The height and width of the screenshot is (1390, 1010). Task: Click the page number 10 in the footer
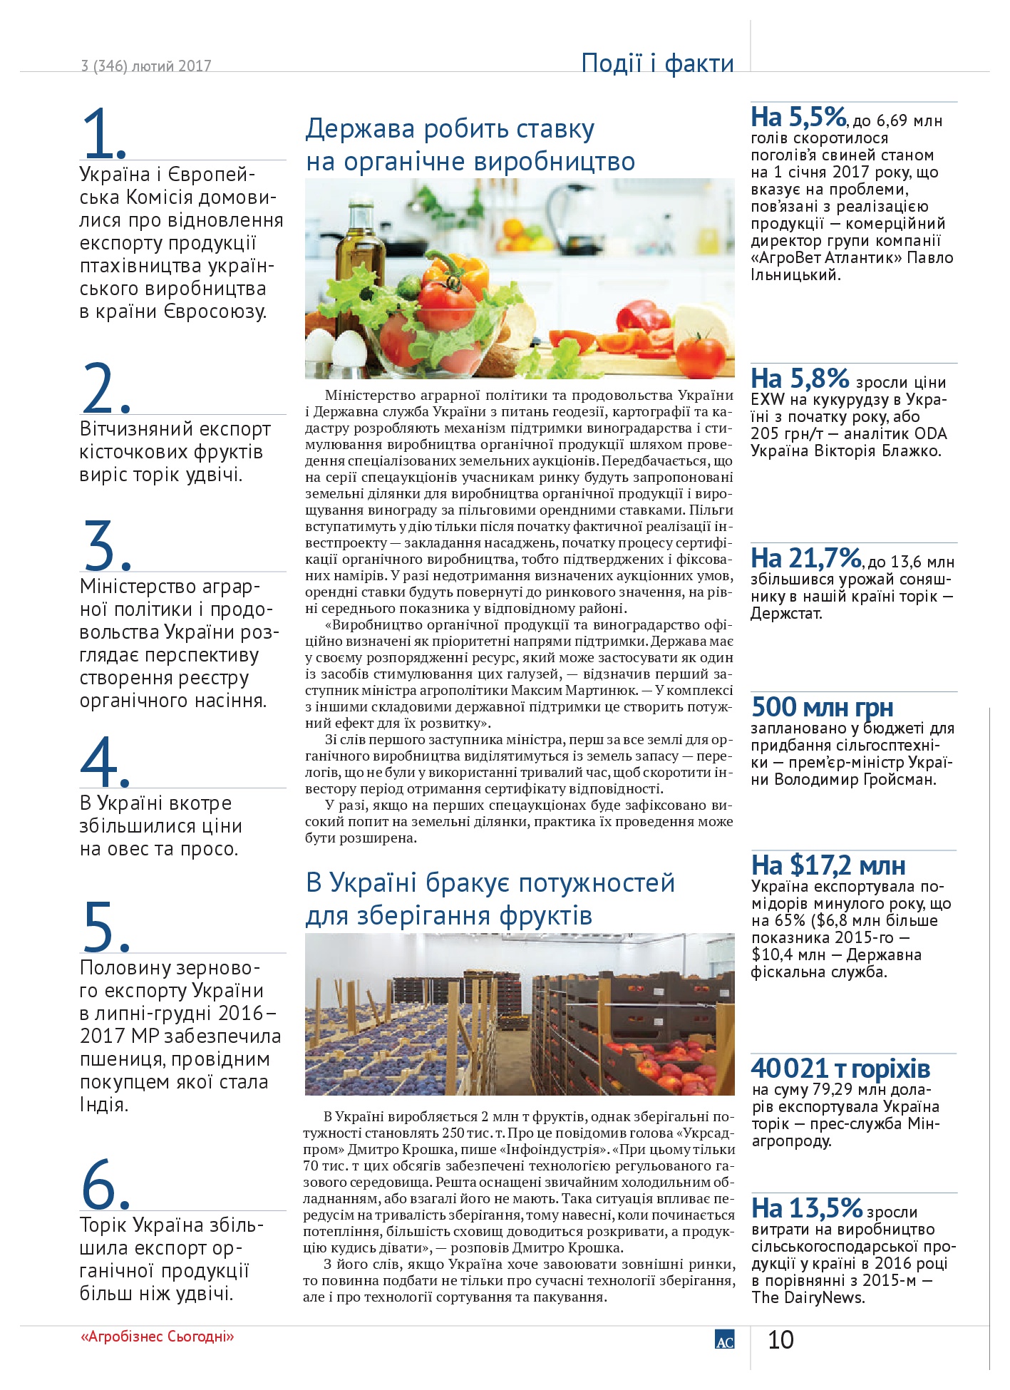click(780, 1340)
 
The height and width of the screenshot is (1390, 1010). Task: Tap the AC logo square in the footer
click(724, 1339)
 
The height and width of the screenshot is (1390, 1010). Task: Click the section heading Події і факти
click(657, 63)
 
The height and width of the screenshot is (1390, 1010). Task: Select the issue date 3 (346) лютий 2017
click(146, 66)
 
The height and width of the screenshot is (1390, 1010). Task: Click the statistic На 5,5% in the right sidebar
click(798, 117)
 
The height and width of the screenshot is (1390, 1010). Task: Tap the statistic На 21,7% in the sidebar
click(806, 557)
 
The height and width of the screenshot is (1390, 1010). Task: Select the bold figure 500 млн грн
click(822, 707)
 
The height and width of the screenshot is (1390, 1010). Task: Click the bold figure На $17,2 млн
click(828, 865)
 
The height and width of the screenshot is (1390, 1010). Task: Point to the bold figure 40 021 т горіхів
click(840, 1069)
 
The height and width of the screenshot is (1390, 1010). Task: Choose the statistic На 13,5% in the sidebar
click(807, 1208)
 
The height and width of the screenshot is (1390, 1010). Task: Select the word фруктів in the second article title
click(545, 915)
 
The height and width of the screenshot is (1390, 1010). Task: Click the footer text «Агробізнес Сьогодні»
click(158, 1337)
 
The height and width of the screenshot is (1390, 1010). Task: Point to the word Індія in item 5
click(103, 1105)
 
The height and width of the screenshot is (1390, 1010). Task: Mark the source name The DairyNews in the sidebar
click(808, 1297)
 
